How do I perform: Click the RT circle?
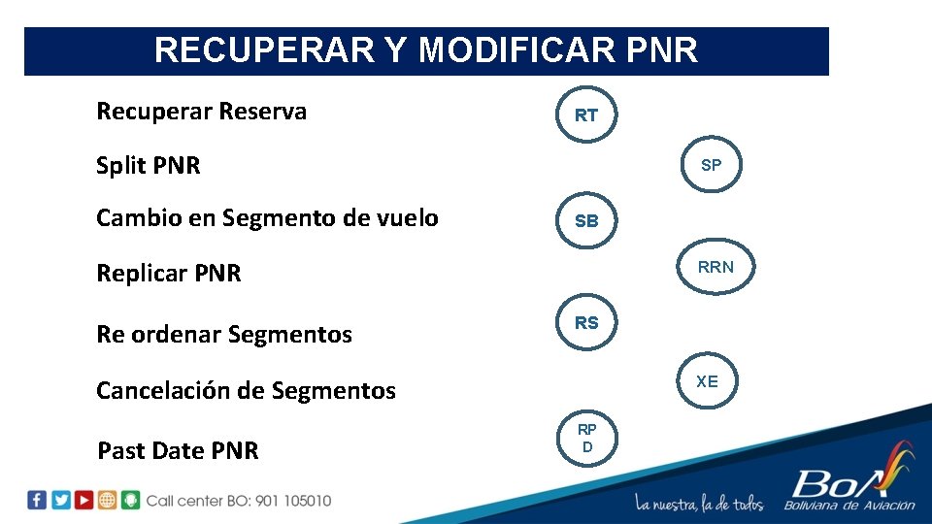586,115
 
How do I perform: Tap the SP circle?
711,165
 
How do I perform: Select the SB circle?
586,221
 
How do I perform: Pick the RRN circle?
716,267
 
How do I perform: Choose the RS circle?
586,323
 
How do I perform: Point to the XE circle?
707,381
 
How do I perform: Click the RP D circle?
586,438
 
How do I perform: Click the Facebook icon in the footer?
37,500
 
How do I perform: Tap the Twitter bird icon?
60,500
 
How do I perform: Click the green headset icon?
130,500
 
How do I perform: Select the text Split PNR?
149,166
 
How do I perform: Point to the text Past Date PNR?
178,451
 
